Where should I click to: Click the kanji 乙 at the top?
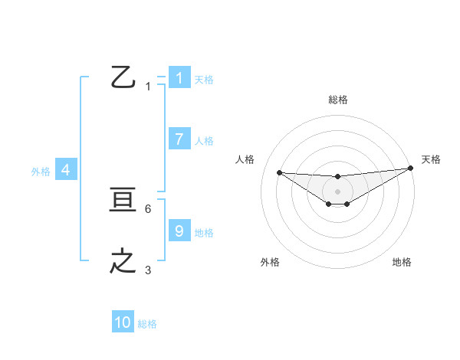pos(123,77)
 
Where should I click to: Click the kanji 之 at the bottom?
pos(123,261)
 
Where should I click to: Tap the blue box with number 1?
pos(179,77)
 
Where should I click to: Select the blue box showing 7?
pos(179,139)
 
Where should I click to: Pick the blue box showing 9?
pos(179,231)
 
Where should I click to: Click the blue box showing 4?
pos(66,170)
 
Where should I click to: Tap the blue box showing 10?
pos(123,322)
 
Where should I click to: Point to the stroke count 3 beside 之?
pos(148,270)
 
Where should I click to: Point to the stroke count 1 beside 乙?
pos(148,87)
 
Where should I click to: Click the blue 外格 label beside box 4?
pos(41,172)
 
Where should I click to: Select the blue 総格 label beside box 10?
pos(147,324)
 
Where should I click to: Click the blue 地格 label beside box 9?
pos(204,232)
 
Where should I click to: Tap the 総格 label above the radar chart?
pos(337,100)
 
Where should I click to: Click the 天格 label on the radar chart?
pos(431,159)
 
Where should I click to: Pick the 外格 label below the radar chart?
pos(270,262)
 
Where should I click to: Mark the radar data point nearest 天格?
pos(410,169)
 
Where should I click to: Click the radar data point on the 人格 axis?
pos(279,172)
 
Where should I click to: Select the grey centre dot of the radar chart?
pos(337,191)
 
